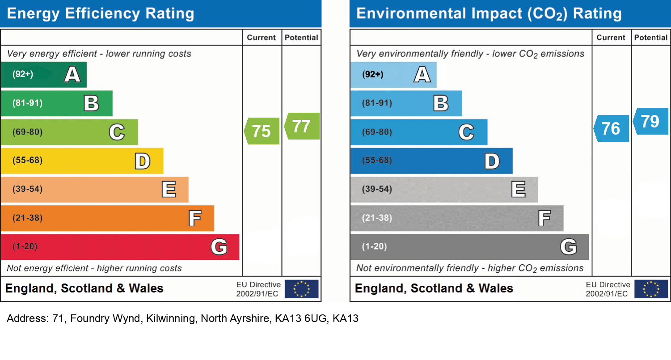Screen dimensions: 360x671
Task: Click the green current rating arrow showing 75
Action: (x=262, y=131)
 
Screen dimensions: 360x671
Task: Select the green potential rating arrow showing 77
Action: (x=302, y=126)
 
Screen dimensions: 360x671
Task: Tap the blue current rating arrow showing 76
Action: (x=612, y=128)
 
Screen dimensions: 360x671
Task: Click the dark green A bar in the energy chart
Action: (x=43, y=75)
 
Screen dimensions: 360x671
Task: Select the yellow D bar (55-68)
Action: (x=82, y=161)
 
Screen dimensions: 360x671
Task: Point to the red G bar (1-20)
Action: (x=120, y=247)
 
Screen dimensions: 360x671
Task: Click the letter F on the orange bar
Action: (x=194, y=219)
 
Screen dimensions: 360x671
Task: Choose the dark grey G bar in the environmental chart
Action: (x=469, y=247)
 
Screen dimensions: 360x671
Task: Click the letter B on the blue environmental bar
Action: (x=441, y=104)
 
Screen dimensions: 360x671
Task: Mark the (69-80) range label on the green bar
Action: (x=28, y=132)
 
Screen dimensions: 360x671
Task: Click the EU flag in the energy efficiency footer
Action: (x=301, y=289)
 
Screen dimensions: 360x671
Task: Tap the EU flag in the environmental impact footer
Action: (x=651, y=289)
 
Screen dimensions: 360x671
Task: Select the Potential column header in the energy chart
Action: (x=301, y=38)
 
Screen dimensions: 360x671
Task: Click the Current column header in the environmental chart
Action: (x=611, y=38)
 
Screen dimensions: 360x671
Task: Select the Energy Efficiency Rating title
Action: (x=101, y=13)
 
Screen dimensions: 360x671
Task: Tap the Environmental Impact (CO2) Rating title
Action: (x=489, y=13)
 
